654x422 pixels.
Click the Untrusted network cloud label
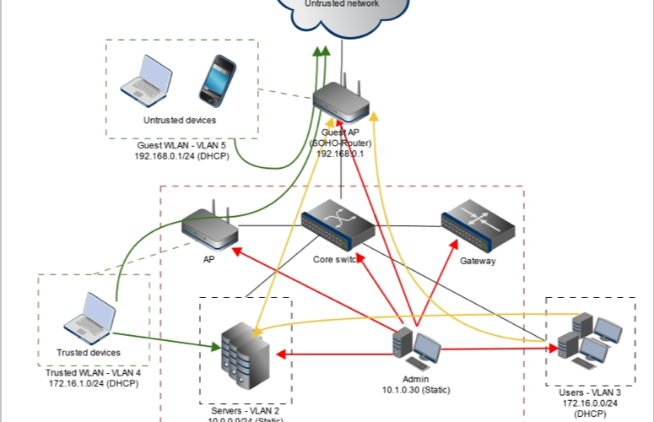342,4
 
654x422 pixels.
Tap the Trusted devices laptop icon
89,317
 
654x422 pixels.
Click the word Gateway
478,262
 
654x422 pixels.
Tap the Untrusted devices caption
175,121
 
